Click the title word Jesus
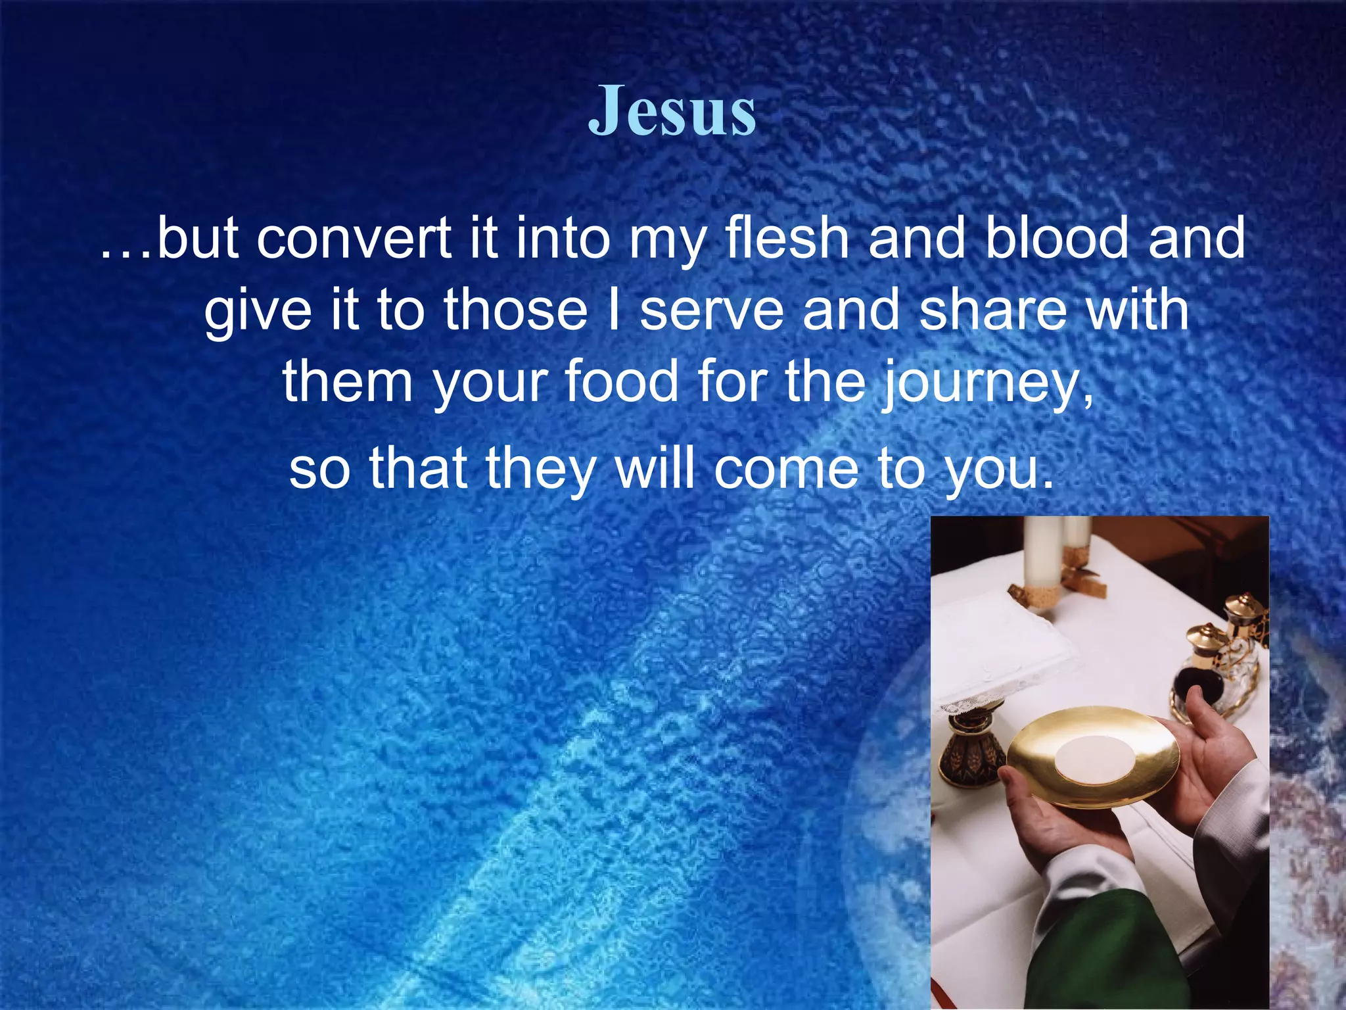tap(672, 112)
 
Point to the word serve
tap(711, 310)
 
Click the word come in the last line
tap(786, 469)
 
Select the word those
tap(515, 310)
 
